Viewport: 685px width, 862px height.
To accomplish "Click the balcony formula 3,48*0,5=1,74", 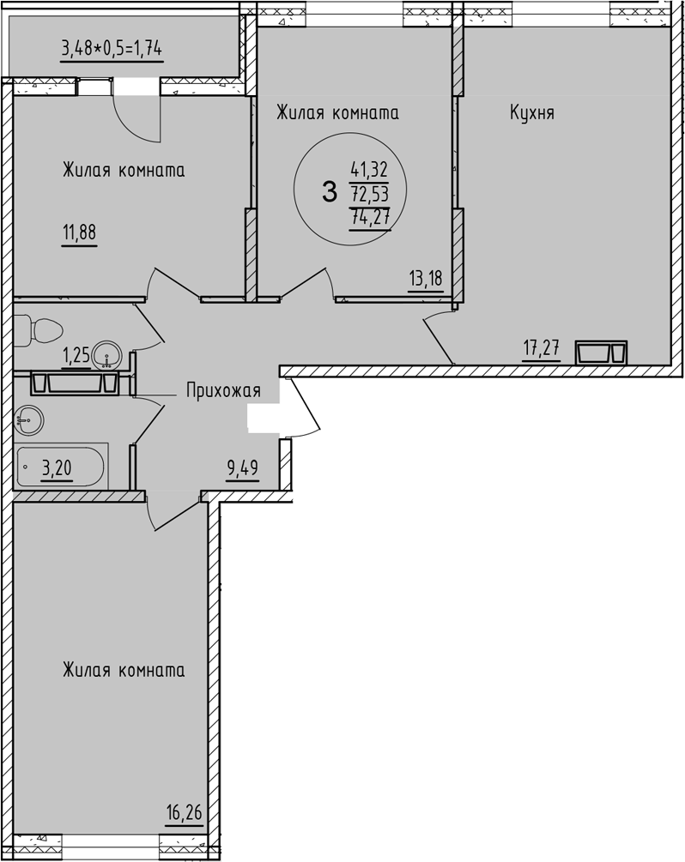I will [112, 48].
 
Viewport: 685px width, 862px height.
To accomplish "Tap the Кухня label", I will [531, 112].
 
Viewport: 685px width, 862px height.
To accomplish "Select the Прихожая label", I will [223, 391].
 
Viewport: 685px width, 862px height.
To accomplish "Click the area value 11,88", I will [80, 233].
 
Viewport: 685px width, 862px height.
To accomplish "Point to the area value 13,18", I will [425, 279].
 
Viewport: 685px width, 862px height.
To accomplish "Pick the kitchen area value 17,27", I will [541, 348].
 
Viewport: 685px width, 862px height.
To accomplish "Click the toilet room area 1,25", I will [76, 354].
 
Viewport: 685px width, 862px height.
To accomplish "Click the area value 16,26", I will [185, 811].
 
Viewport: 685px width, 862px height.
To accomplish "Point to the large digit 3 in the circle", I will [329, 193].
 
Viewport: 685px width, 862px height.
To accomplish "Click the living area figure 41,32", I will [370, 170].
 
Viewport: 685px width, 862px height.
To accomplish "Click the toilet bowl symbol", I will [39, 329].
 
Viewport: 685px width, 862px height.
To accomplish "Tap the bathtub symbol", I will [60, 467].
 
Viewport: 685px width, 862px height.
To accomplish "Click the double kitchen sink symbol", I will [602, 353].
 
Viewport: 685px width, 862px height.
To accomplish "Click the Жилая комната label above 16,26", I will [124, 671].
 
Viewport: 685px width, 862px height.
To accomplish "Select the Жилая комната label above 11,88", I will [124, 171].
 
